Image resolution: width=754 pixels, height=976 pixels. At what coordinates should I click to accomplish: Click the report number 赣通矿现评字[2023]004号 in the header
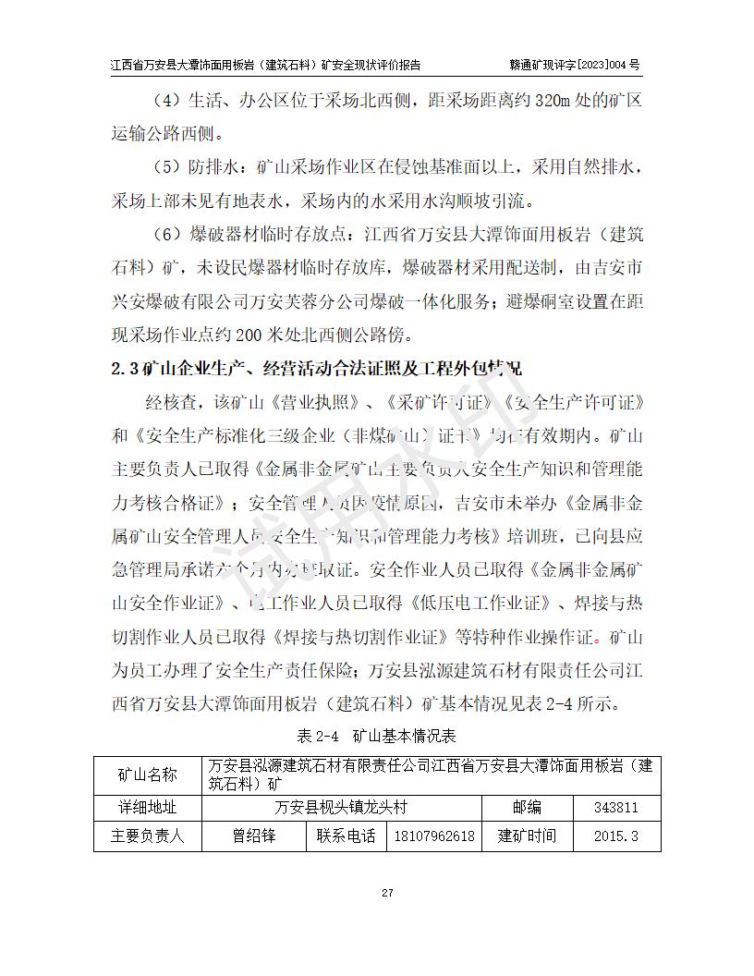pos(574,65)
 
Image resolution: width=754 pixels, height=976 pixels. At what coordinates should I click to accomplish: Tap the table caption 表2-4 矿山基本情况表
pos(377,737)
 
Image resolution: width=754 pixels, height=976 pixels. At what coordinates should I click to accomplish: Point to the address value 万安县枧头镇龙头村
pos(342,807)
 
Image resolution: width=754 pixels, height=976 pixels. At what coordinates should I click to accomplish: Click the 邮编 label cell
pos(527,807)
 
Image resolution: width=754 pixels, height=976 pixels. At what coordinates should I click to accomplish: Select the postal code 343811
pos(616,807)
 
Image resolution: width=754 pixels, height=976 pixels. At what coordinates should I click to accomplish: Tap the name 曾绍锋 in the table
pos(254,836)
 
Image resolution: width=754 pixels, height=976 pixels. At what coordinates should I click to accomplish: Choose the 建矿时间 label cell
pos(527,836)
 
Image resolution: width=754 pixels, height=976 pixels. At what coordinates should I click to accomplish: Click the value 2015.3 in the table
pos(616,836)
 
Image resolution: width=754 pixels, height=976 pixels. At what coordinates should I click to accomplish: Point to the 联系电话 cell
pos(346,836)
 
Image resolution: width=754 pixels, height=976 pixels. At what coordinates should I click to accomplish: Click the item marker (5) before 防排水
pos(166,167)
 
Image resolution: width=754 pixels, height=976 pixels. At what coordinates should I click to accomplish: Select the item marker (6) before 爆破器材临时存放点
pos(166,234)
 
